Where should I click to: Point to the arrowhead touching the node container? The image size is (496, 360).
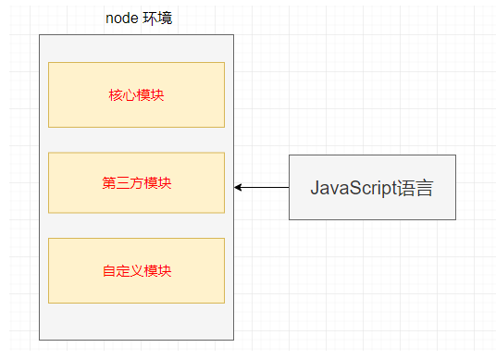tap(238, 187)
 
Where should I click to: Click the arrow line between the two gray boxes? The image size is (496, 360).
tap(264, 187)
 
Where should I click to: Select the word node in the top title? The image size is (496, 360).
tap(121, 19)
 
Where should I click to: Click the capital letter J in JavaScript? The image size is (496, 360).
tap(315, 188)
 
